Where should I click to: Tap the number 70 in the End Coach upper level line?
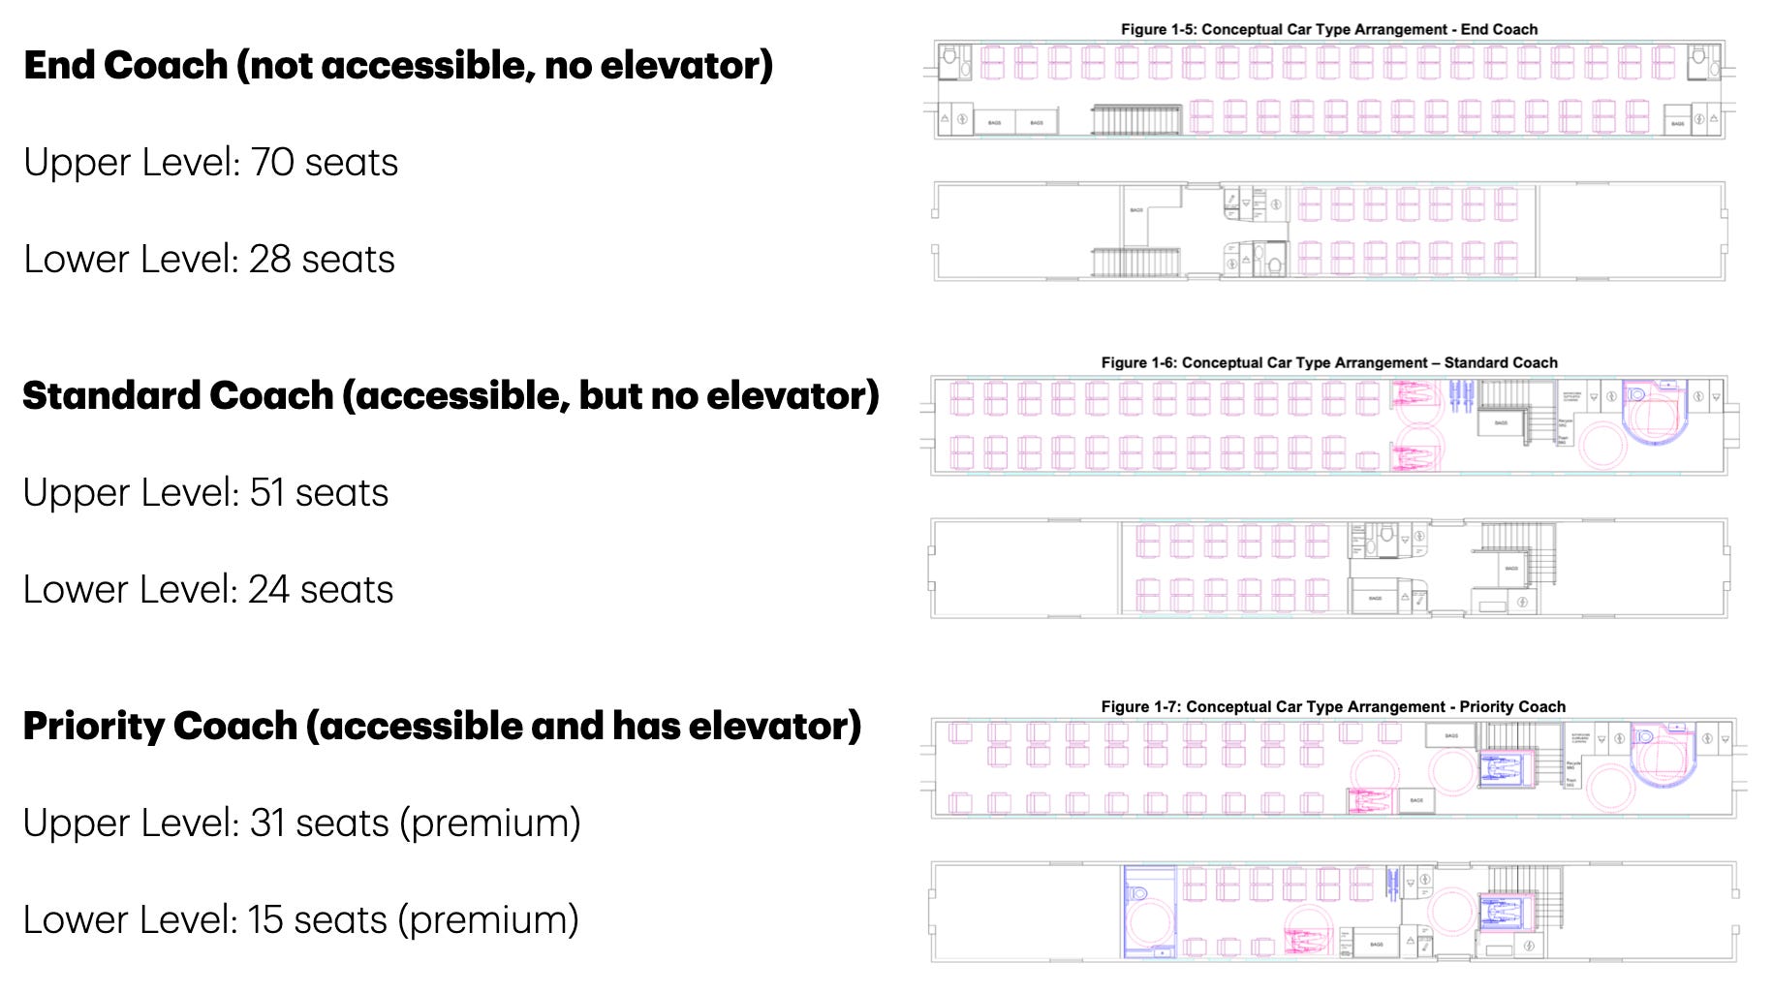point(272,162)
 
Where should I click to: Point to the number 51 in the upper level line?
point(267,492)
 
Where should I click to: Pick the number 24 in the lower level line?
point(268,589)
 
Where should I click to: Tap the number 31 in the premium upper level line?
point(267,823)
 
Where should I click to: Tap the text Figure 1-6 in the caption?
point(1137,362)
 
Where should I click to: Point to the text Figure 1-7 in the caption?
point(1139,706)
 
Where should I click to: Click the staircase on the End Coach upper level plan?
point(1135,119)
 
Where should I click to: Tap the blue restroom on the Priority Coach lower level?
point(1149,911)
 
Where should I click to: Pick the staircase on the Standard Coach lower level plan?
point(1518,552)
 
